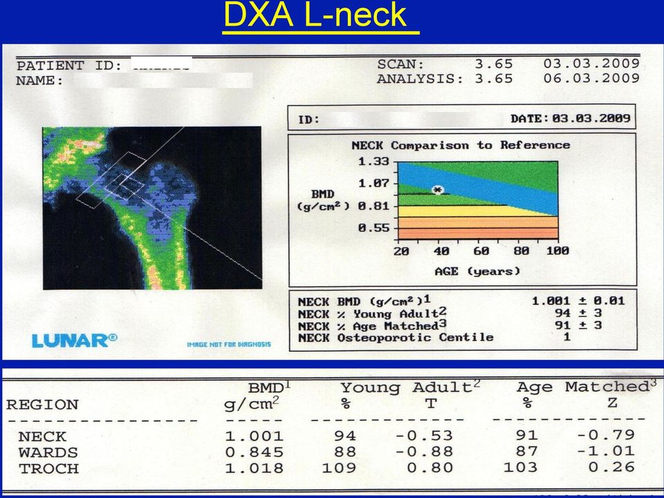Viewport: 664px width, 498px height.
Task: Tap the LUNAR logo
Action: (x=75, y=340)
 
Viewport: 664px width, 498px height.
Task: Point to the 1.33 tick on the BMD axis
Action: (x=373, y=161)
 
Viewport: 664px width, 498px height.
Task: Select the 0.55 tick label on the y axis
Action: (x=373, y=228)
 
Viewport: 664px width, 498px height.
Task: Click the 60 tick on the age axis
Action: (x=481, y=251)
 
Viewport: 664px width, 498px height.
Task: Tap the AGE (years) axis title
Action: (x=477, y=271)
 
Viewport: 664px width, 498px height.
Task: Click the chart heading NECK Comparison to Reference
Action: (x=461, y=145)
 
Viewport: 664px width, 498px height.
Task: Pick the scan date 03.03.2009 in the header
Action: (x=591, y=64)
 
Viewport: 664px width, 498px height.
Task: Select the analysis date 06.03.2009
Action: (x=591, y=78)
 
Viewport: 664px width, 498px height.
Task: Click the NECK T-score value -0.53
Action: (x=424, y=435)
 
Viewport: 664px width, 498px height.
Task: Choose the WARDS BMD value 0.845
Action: (x=254, y=452)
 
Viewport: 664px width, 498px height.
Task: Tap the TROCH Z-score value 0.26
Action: (x=611, y=467)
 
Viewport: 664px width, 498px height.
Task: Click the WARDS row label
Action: (x=48, y=452)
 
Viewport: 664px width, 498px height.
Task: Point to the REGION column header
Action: (x=42, y=405)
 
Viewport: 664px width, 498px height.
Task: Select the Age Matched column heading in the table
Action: (x=582, y=387)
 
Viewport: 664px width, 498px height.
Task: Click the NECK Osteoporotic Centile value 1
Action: (x=566, y=337)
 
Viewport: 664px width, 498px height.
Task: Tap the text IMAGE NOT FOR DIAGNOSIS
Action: (x=229, y=344)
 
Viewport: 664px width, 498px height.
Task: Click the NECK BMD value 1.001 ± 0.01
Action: (x=578, y=301)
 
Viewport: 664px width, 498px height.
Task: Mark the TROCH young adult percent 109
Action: (x=339, y=468)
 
